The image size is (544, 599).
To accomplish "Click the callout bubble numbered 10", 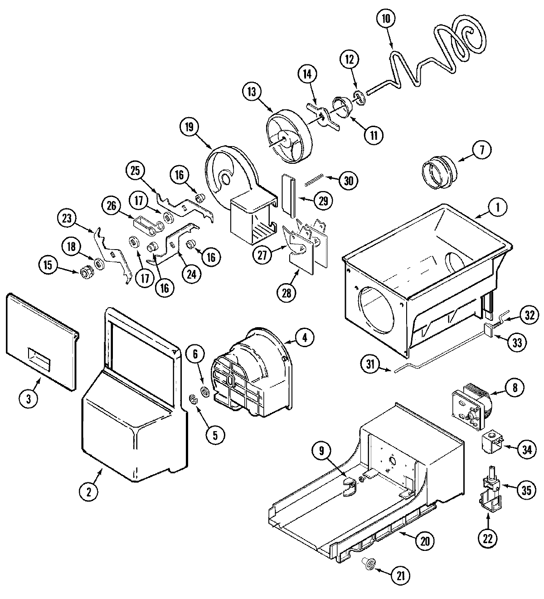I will coord(386,19).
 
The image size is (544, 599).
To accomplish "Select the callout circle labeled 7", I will coord(481,150).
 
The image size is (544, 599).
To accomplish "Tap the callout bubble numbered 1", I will coord(497,208).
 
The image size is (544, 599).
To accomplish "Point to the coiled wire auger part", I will coord(435,54).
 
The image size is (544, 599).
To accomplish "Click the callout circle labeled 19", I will coord(189,128).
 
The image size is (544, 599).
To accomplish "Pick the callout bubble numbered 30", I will coord(348,180).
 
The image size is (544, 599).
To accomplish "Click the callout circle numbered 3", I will coord(29,399).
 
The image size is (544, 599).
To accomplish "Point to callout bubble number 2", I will coord(89,492).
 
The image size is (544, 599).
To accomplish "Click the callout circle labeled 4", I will coord(305,337).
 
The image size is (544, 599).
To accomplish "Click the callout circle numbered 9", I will coord(321,451).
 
